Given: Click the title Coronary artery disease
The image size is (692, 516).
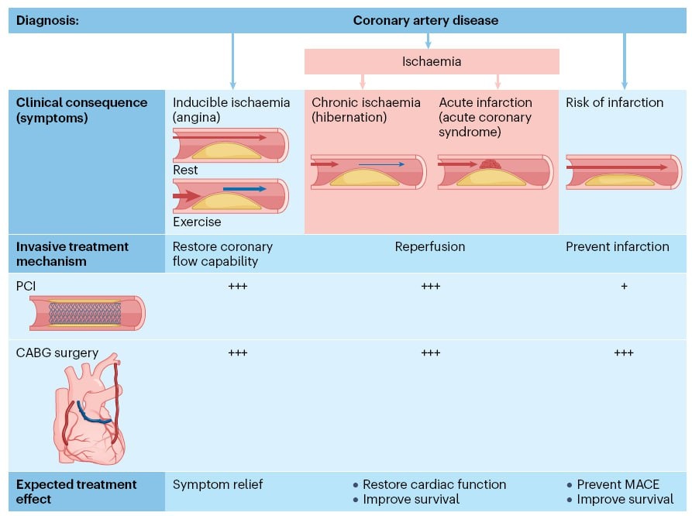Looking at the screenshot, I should [x=425, y=20].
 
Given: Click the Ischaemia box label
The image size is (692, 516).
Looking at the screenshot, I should [x=431, y=61].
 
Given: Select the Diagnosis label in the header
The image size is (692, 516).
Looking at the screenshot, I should [x=47, y=20].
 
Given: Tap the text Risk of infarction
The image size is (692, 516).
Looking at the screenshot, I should [x=615, y=102].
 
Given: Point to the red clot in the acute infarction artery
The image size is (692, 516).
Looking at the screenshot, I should [x=489, y=164].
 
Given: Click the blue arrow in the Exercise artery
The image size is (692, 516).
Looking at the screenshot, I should [x=244, y=189].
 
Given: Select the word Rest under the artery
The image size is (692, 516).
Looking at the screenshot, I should [x=185, y=170].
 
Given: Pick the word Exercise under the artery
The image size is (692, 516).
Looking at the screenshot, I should [x=197, y=222].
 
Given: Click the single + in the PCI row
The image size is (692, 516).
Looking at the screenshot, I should [x=624, y=286].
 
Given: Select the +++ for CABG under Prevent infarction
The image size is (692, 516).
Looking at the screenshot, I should [x=624, y=353].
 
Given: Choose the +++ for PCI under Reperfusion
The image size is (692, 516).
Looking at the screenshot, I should [x=431, y=286].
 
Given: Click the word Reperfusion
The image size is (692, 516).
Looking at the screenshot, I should [x=430, y=246].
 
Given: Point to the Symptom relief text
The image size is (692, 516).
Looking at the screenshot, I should [x=218, y=484].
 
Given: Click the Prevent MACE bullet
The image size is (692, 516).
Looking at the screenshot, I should [x=618, y=484].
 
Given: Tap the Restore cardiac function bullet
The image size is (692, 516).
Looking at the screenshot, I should [x=434, y=484].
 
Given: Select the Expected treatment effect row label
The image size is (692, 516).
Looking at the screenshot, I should [x=76, y=491].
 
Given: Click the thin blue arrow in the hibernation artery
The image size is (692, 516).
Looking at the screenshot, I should [x=381, y=164].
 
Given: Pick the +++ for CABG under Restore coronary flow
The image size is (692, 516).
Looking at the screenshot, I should [x=237, y=353].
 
